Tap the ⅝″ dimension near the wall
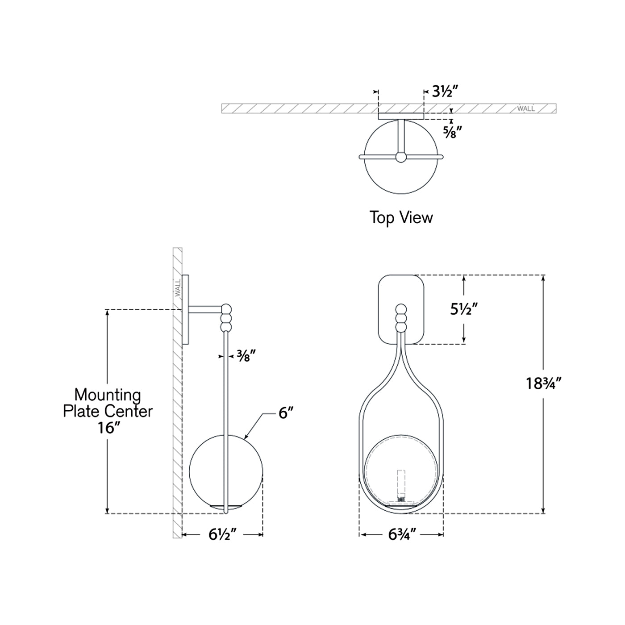point(452,132)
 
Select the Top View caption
point(401,218)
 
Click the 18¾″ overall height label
point(542,383)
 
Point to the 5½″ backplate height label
point(464,309)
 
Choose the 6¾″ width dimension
point(402,534)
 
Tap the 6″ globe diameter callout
point(286,413)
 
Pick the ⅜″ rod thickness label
point(246,356)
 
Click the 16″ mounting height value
point(109,428)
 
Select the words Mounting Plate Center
point(108,403)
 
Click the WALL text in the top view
point(526,108)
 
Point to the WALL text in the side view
point(178,288)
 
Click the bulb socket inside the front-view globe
point(401,487)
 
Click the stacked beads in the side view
point(227,317)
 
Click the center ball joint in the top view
point(401,157)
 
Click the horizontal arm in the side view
point(205,308)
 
